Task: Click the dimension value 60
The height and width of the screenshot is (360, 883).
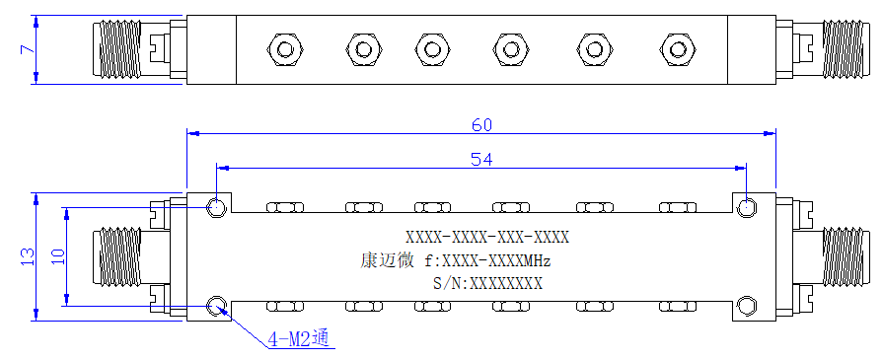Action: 482,125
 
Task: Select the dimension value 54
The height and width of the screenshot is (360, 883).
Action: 482,160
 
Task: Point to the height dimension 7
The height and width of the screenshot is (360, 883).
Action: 27,49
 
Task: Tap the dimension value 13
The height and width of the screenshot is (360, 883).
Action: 27,256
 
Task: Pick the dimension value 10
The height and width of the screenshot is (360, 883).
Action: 57,256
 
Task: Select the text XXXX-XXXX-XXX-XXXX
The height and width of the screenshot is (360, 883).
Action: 487,237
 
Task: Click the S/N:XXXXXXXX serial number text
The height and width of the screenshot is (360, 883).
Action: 487,283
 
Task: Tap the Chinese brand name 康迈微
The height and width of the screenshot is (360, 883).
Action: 388,260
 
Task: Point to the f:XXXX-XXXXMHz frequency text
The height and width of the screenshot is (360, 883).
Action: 487,260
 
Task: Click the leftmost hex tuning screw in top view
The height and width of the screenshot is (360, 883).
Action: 285,49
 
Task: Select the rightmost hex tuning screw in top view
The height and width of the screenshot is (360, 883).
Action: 678,49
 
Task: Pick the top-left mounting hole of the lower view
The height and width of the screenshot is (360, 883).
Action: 216,207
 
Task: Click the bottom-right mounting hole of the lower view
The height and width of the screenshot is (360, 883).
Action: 747,306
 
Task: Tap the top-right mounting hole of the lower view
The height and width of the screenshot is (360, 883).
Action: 747,207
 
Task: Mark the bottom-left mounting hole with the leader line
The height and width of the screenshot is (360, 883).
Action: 216,306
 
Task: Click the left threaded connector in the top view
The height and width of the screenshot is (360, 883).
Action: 119,49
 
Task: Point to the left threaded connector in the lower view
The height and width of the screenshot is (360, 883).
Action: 119,256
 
